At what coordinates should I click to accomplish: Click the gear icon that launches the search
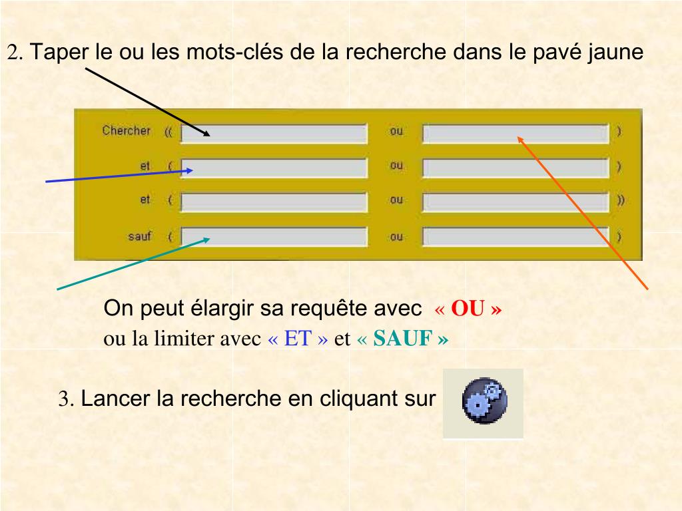point(484,401)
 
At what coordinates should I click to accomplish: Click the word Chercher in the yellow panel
point(127,131)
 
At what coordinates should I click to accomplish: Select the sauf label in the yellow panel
point(140,236)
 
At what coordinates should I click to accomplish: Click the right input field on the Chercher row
point(515,134)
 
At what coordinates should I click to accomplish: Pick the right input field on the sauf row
point(515,237)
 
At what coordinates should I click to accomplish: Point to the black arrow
point(147,100)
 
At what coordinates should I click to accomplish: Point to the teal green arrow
point(133,263)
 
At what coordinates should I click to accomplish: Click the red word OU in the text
point(467,309)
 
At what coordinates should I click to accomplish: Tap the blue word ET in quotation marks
point(298,339)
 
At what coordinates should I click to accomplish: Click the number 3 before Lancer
point(65,399)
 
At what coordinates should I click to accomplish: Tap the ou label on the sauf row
point(396,237)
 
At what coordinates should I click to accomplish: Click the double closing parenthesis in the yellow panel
point(621,200)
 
